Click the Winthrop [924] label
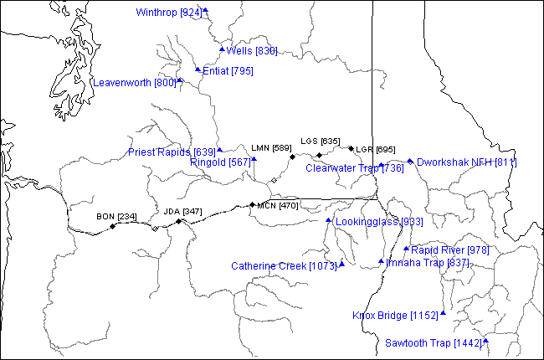(x=168, y=13)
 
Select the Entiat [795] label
(x=228, y=71)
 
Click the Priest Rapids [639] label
(x=172, y=152)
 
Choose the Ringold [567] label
(x=220, y=162)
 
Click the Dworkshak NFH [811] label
(x=466, y=162)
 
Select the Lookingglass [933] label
(x=379, y=222)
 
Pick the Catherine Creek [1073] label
(x=284, y=266)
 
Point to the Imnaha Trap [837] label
(x=428, y=263)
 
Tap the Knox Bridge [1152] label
(x=395, y=316)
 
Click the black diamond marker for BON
(x=112, y=226)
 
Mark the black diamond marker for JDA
(x=178, y=221)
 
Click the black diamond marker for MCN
(x=252, y=204)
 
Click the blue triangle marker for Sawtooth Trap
(x=485, y=341)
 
